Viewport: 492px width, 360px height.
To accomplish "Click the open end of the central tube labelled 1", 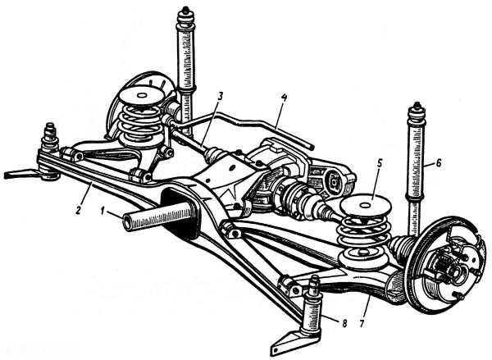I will [x=129, y=221].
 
